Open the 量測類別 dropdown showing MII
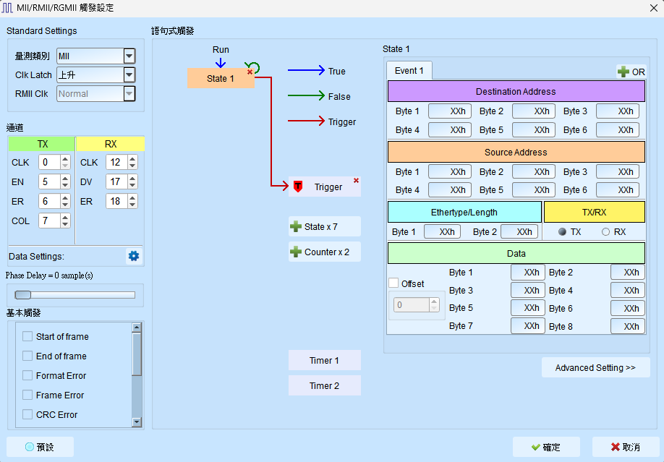95,56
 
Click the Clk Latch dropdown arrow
129,75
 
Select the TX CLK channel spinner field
49,162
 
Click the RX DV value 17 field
116,181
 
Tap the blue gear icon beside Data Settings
134,256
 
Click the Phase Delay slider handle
23,295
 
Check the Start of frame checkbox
27,337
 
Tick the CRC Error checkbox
27,414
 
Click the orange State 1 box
221,78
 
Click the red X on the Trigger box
356,181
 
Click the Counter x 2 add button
324,252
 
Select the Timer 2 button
324,386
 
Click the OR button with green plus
631,72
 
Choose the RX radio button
605,231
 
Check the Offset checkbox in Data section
393,283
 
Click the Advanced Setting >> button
595,367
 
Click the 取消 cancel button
625,448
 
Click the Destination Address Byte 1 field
450,111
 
